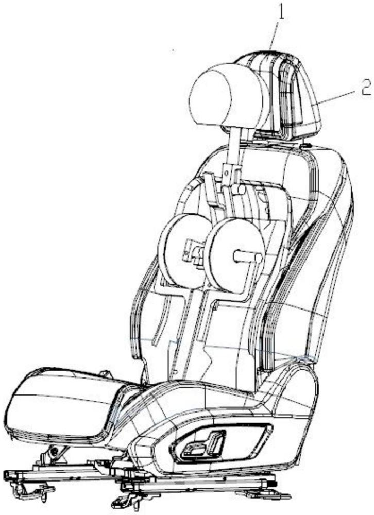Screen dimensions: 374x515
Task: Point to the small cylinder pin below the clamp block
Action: click(239, 190)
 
